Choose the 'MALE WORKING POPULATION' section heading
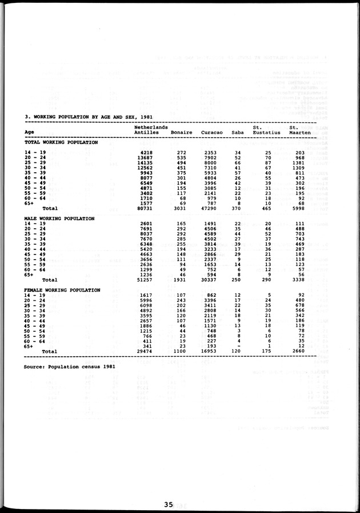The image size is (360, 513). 59,218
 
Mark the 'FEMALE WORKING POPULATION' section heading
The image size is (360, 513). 62,290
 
